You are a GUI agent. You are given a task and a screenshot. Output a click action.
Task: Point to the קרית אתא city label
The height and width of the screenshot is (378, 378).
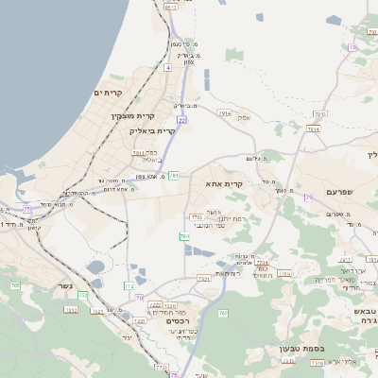225,183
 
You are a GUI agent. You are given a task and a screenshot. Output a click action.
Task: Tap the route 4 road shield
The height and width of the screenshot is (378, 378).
168,68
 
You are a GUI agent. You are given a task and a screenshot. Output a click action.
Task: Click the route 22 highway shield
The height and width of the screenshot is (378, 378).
180,120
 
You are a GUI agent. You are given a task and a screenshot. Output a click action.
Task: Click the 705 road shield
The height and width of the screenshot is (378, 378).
15,284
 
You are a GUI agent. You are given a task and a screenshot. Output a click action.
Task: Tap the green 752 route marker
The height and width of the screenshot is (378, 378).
83,296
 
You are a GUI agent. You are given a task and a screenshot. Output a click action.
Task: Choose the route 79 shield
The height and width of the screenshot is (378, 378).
308,198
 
